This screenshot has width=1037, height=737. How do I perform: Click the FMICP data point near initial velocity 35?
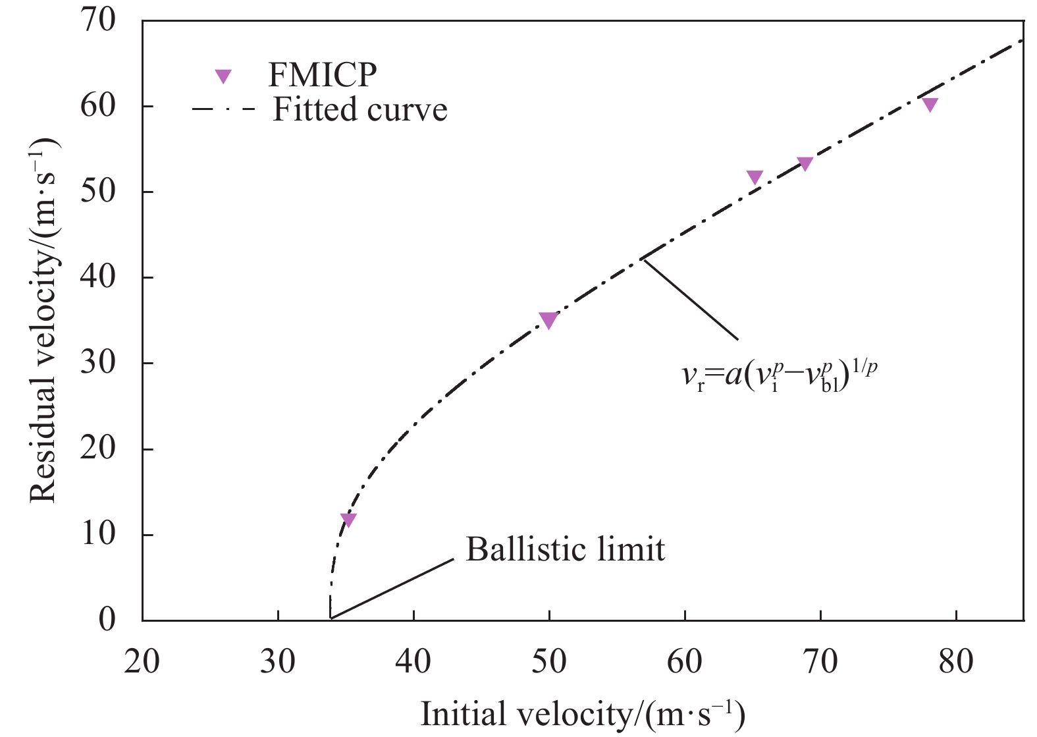tap(348, 519)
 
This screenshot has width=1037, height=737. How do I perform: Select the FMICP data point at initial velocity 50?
tap(548, 320)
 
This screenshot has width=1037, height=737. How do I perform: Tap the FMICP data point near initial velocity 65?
tap(755, 177)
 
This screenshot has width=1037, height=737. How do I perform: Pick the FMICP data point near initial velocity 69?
tap(805, 163)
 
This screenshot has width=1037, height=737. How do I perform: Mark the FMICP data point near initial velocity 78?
tap(930, 104)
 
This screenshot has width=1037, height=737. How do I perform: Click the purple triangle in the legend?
tap(224, 76)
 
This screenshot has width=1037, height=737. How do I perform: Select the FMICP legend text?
tap(322, 74)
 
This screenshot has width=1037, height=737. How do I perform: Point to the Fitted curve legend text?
tap(360, 109)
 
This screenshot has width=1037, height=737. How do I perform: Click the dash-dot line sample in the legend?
tap(223, 109)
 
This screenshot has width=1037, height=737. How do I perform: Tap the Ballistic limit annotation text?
tap(566, 549)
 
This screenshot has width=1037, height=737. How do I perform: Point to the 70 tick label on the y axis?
tap(98, 21)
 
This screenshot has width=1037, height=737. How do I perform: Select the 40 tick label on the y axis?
tap(98, 277)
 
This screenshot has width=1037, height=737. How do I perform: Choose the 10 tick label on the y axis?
tap(98, 534)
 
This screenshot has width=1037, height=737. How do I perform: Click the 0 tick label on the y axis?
tap(107, 620)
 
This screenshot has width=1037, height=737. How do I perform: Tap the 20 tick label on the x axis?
tap(142, 661)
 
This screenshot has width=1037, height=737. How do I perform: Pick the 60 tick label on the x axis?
tap(685, 661)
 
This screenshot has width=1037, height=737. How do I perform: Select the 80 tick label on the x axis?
tap(956, 661)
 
